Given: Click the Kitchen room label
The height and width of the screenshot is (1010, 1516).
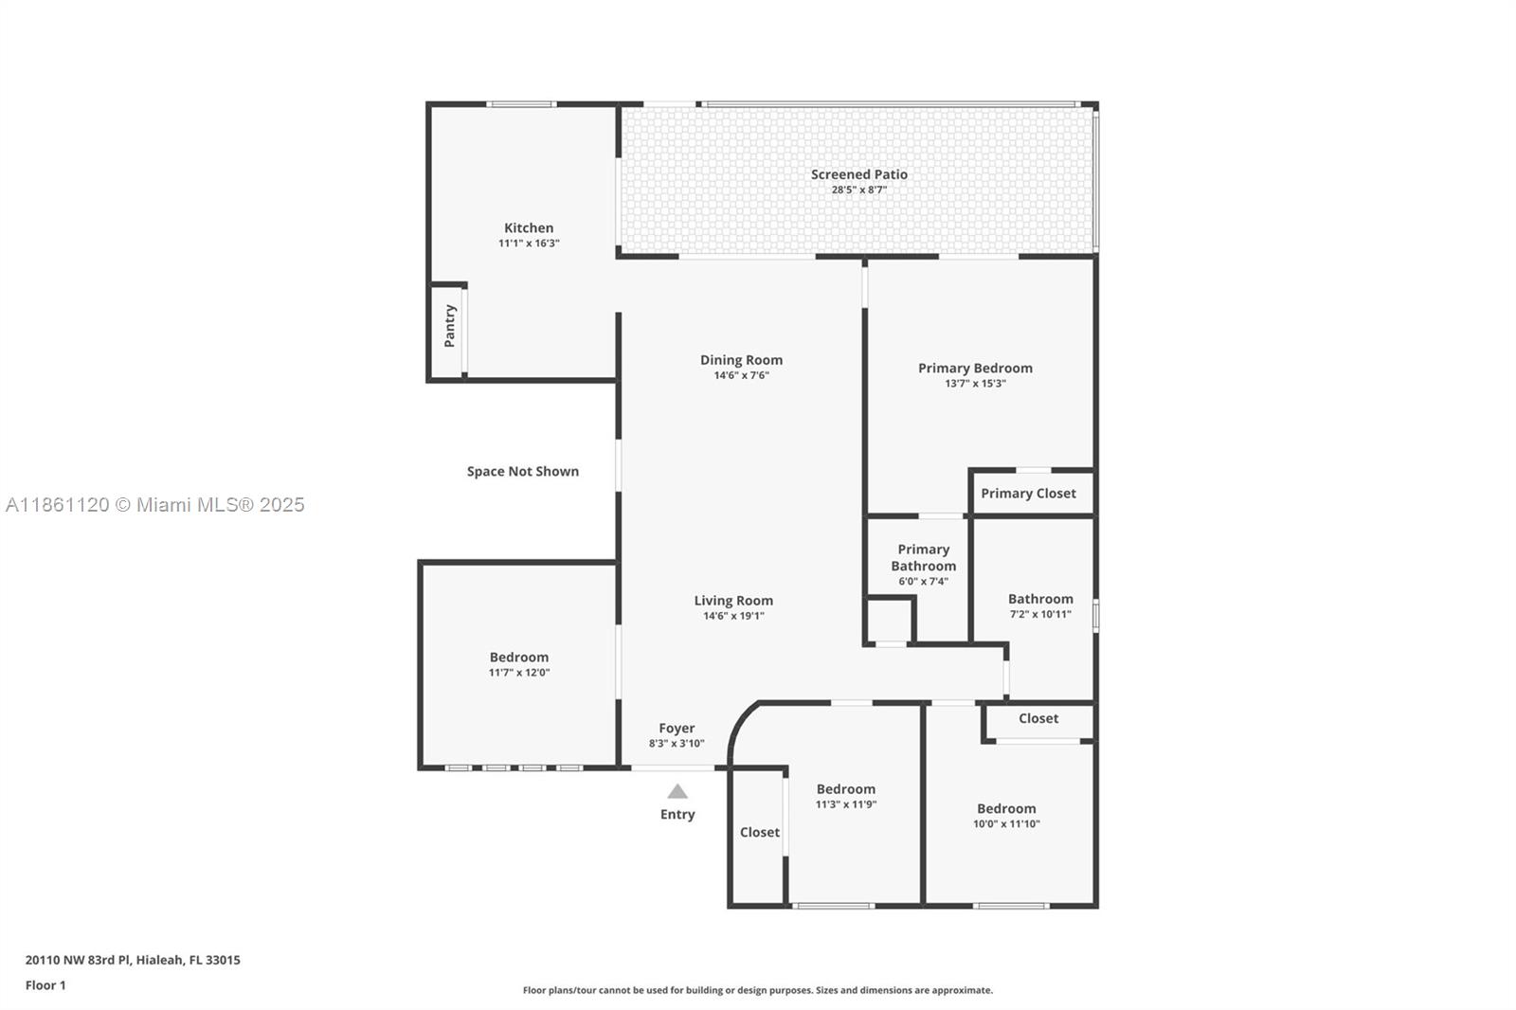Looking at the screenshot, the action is [x=529, y=228].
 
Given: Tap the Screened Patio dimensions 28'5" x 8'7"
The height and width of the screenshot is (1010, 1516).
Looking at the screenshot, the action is [x=858, y=190].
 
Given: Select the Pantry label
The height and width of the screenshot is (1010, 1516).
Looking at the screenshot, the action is [x=450, y=326].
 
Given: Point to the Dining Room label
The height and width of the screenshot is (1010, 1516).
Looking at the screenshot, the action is [x=741, y=360].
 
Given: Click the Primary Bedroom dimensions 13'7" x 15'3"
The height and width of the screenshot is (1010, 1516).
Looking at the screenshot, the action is [x=975, y=384].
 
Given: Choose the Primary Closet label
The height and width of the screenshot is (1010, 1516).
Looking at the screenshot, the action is [x=1028, y=494].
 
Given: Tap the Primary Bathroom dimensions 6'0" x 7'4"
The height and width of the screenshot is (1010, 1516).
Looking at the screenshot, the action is [x=923, y=582].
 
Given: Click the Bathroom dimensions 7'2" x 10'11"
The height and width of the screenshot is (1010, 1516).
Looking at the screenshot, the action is [x=1040, y=615].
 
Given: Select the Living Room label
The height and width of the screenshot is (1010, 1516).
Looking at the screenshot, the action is [x=733, y=601].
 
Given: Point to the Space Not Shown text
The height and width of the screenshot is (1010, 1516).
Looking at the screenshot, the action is [x=522, y=472].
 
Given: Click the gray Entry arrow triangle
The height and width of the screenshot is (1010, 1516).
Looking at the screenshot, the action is [x=677, y=791].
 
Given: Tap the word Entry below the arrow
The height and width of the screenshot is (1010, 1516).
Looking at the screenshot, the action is [x=677, y=815].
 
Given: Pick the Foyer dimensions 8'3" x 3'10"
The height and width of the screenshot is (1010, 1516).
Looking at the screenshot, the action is [x=677, y=743].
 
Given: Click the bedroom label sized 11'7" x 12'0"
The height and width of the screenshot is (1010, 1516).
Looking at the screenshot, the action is [x=519, y=658].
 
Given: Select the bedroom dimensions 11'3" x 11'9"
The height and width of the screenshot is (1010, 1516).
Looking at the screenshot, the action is [x=846, y=805].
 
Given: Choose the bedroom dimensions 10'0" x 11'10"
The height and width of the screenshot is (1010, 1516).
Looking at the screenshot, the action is [x=1006, y=824].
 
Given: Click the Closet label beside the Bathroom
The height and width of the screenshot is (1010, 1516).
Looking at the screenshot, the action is [x=1038, y=718].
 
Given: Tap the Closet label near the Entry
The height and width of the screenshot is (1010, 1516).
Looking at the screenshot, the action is [x=759, y=833].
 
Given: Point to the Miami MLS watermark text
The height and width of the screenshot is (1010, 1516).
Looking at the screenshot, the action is [x=155, y=505].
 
